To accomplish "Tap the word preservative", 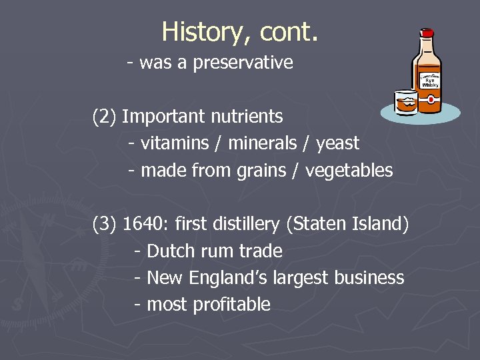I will (243, 63).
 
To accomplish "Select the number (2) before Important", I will (105, 117).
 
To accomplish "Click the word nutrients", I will (247, 117).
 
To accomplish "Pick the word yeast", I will (337, 143).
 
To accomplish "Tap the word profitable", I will (232, 305).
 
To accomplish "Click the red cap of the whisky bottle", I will (427, 32).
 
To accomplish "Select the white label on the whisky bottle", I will (430, 81).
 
